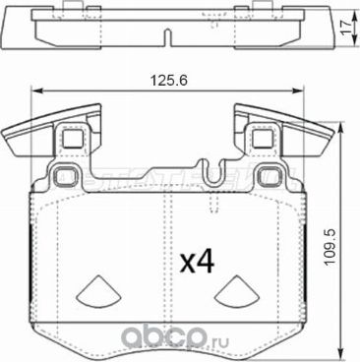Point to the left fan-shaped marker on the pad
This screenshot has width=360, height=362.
[97, 287]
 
